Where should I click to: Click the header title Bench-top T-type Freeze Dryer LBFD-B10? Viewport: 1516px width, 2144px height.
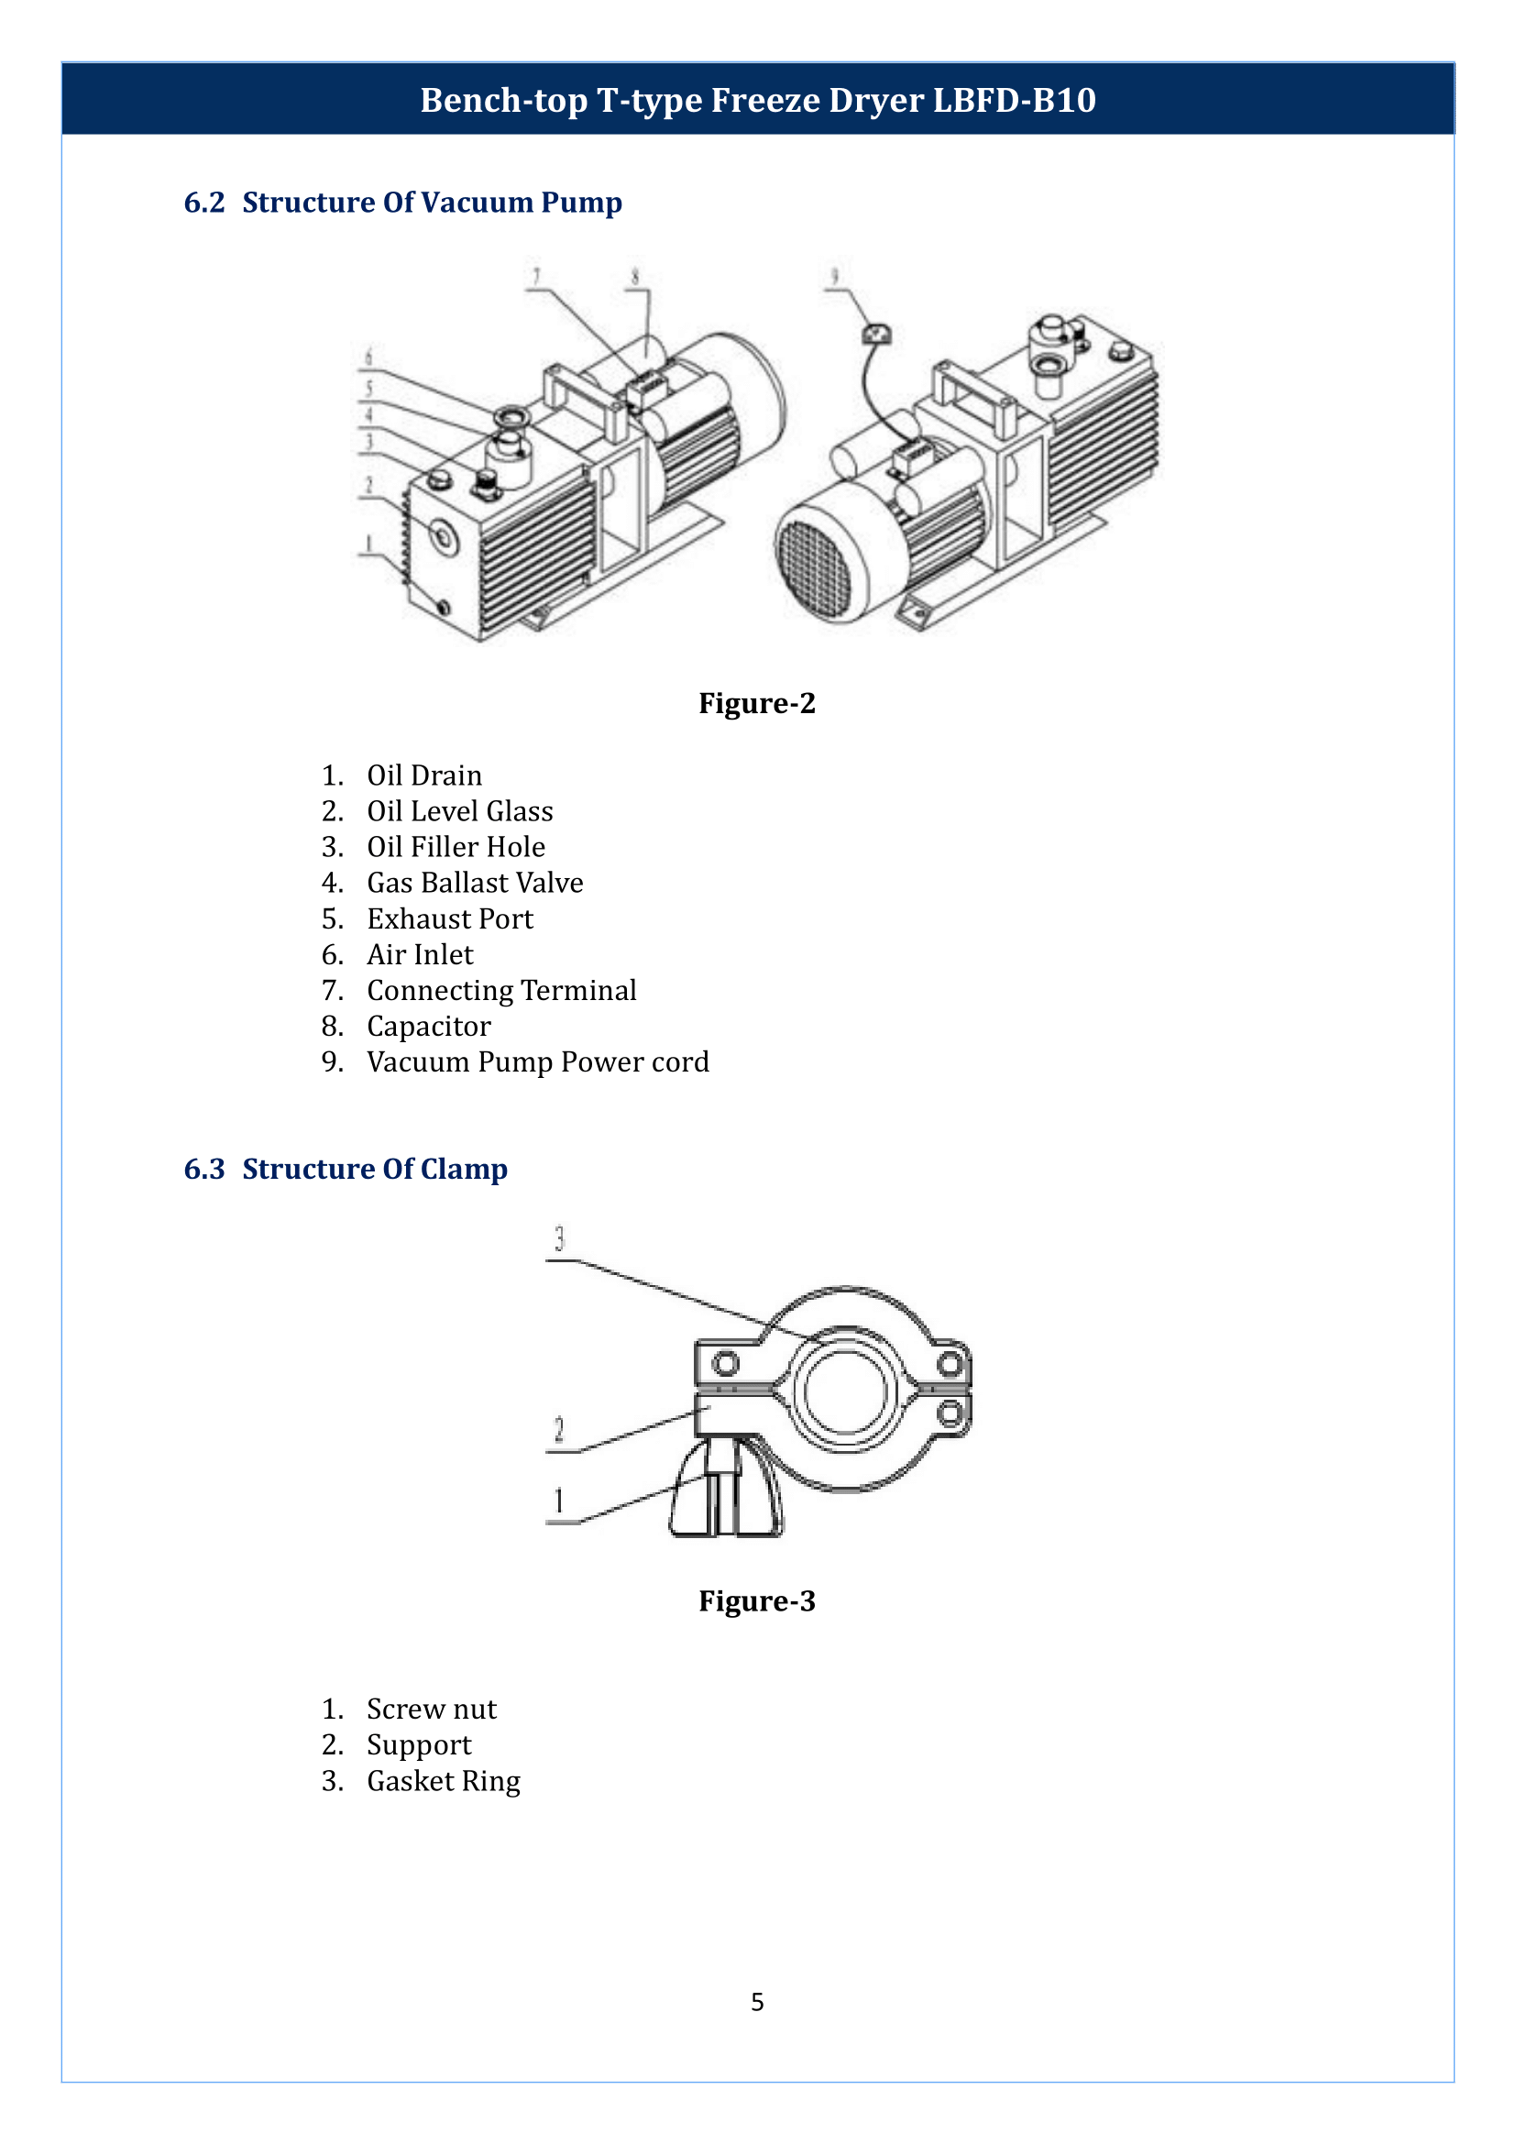(x=757, y=100)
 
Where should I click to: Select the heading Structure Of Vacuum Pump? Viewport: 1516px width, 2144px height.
(x=432, y=203)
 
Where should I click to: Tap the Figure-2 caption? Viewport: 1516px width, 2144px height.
(x=756, y=703)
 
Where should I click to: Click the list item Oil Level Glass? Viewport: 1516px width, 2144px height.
(x=459, y=811)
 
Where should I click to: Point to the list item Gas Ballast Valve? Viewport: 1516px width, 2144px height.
(x=474, y=884)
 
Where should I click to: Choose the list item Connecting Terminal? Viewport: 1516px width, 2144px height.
(x=501, y=991)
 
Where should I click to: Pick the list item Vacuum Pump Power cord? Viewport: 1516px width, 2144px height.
(x=538, y=1062)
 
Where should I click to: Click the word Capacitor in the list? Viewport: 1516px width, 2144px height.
(x=428, y=1028)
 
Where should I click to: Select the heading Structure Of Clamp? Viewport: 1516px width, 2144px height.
(x=374, y=1169)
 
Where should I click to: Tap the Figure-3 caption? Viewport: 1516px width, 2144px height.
(x=756, y=1601)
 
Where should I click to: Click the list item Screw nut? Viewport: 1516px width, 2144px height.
(x=432, y=1710)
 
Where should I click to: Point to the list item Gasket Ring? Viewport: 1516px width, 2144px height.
(x=444, y=1782)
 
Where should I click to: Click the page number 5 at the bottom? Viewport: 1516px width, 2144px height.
(x=757, y=2002)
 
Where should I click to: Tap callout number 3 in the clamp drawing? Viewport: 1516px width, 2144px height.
(x=559, y=1239)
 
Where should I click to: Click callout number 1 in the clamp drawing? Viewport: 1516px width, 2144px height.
(x=559, y=1501)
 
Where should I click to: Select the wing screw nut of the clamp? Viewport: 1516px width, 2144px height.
(x=726, y=1495)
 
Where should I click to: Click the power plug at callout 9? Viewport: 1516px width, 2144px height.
(x=875, y=334)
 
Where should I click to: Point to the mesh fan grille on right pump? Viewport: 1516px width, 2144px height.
(x=818, y=568)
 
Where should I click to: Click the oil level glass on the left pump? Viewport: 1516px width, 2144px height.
(x=445, y=538)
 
